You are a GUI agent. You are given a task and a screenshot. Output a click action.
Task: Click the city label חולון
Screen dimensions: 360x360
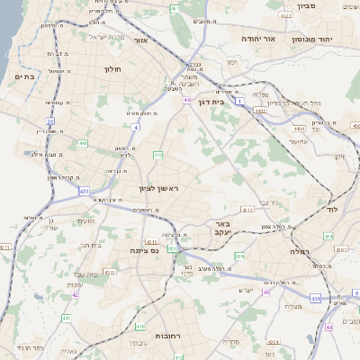(x=112, y=69)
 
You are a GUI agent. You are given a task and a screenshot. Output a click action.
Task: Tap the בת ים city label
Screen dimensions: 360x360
(x=24, y=77)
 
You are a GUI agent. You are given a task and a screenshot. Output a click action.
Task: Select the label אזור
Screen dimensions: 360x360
(x=140, y=40)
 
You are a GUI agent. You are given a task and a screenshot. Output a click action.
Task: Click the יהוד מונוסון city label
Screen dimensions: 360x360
(x=311, y=40)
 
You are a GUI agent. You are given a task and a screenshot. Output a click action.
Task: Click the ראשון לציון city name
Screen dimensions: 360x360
(x=159, y=188)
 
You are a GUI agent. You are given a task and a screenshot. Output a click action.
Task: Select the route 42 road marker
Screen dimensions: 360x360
(x=76, y=293)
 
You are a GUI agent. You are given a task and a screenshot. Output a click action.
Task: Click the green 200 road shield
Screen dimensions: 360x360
(x=239, y=256)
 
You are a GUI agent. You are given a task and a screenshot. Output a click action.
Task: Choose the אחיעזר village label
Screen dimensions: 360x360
(x=300, y=141)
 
